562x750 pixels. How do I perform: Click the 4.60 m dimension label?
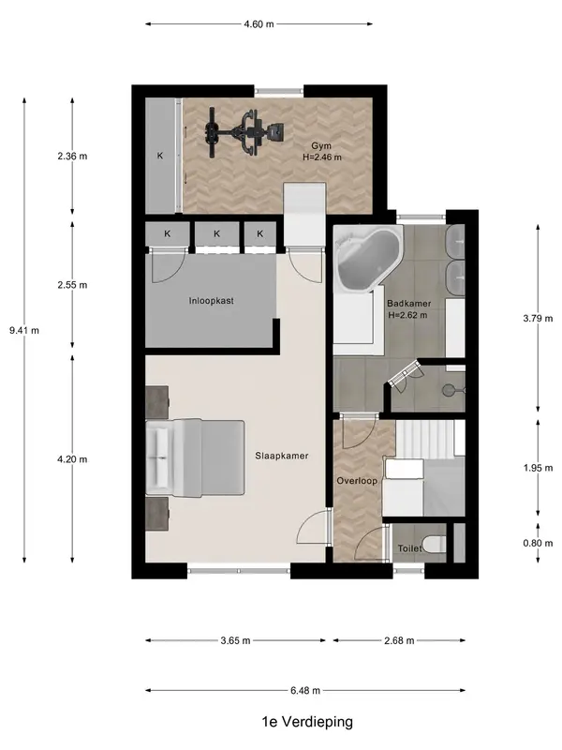pos(259,24)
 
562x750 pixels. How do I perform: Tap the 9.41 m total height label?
pos(24,330)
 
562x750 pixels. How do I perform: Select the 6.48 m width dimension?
pos(305,690)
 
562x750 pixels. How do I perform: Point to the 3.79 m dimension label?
pos(538,318)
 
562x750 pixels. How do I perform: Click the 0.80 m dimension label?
pos(538,543)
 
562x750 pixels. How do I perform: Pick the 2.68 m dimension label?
pos(399,640)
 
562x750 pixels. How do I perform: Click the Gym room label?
pos(321,146)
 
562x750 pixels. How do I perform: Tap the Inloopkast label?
pos(212,301)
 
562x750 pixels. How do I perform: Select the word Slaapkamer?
pos(282,456)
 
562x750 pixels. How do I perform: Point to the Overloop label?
pos(357,481)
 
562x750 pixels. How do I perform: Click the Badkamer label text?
pos(409,303)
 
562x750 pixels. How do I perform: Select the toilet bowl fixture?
pos(435,544)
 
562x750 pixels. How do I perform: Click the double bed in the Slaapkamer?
pos(195,457)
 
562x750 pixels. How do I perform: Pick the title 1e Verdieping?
pos(307,722)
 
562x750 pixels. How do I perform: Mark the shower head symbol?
pos(449,390)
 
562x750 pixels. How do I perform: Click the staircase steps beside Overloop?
pos(424,439)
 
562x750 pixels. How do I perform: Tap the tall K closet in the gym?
pos(160,156)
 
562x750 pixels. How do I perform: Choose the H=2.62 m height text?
pos(407,315)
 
